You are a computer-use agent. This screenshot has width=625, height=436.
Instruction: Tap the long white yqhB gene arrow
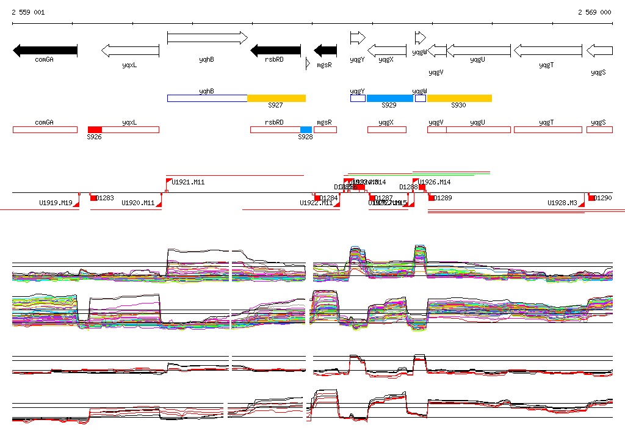207,38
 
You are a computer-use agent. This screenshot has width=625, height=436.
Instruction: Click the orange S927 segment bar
276,98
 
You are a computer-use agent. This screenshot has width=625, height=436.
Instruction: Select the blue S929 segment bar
389,98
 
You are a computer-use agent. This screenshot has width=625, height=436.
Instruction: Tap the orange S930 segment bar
459,98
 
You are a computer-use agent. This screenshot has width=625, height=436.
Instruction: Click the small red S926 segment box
95,129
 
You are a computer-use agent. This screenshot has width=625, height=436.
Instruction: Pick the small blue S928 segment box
306,129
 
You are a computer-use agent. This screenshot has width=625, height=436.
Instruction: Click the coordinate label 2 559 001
28,12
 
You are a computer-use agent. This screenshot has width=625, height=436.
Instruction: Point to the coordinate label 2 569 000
594,12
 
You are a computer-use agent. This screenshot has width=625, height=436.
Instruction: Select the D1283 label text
105,198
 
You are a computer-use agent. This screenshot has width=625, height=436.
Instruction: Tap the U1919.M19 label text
56,203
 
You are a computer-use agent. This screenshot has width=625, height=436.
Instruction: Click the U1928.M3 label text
562,203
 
